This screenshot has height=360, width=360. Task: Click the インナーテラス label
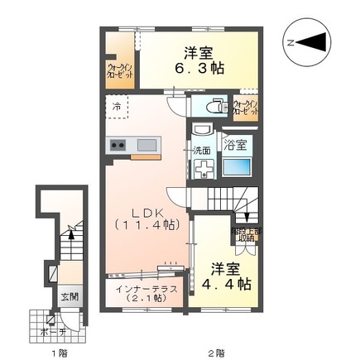pos(144,287)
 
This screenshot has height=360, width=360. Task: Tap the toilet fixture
pos(212,106)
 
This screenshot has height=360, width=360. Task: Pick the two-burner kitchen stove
pos(117,146)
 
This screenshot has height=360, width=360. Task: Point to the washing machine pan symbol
pos(203,166)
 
